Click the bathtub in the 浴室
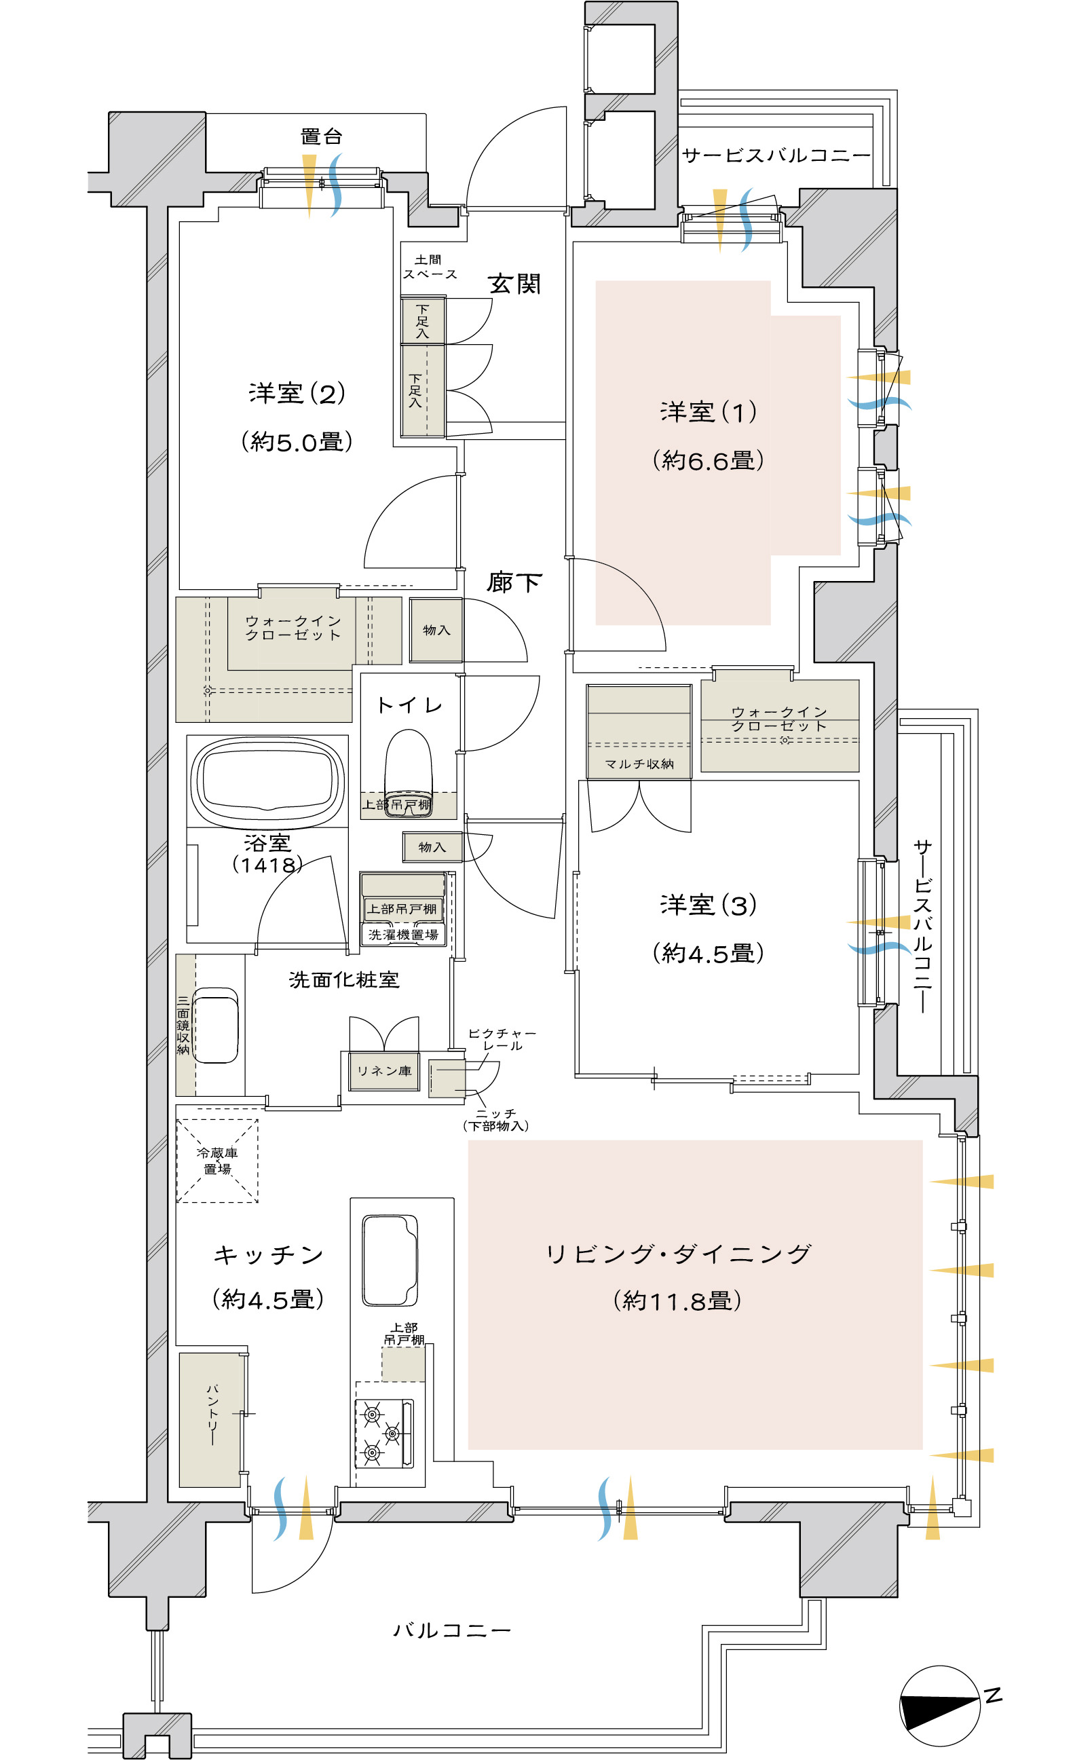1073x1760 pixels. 267,780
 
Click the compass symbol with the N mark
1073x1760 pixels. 940,1706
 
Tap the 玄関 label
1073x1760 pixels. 514,284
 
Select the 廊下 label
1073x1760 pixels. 514,582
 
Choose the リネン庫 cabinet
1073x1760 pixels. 384,1070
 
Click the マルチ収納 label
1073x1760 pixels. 639,764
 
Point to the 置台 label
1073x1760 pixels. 322,136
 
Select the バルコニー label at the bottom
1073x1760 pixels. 452,1630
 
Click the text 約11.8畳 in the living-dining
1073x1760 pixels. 677,1300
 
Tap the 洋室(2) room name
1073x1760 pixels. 297,393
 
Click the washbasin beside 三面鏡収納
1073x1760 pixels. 215,1025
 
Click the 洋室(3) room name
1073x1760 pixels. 709,905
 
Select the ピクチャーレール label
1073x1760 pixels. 502,1039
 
